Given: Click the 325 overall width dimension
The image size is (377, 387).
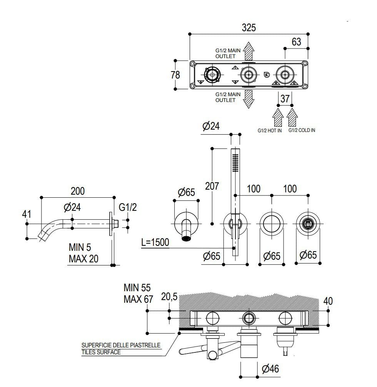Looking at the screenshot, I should pyautogui.click(x=249, y=28).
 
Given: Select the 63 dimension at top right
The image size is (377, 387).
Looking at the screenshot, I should pyautogui.click(x=296, y=42).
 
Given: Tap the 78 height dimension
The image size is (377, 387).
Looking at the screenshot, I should pyautogui.click(x=175, y=75).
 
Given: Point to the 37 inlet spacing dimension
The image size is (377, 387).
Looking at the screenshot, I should pyautogui.click(x=285, y=99).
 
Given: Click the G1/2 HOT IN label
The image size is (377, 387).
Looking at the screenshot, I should pyautogui.click(x=270, y=130).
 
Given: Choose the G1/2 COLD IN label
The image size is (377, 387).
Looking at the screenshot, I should pyautogui.click(x=302, y=130).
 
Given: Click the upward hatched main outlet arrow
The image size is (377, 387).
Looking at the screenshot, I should pyautogui.click(x=249, y=50).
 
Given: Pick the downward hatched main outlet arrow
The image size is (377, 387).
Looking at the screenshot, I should pyautogui.click(x=249, y=99).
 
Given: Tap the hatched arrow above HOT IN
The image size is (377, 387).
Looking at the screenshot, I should pyautogui.click(x=278, y=117).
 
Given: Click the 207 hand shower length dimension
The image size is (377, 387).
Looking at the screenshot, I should pyautogui.click(x=212, y=186).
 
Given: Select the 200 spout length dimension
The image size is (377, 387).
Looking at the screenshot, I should pyautogui.click(x=77, y=191).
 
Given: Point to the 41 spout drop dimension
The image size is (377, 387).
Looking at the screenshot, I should pyautogui.click(x=26, y=214).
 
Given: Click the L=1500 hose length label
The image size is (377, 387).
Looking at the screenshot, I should pyautogui.click(x=155, y=243).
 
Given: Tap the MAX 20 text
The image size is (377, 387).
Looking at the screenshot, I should pyautogui.click(x=83, y=259).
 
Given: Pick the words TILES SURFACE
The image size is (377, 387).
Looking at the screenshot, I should pyautogui.click(x=101, y=352).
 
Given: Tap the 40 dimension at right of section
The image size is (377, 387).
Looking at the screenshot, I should pyautogui.click(x=328, y=301).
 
